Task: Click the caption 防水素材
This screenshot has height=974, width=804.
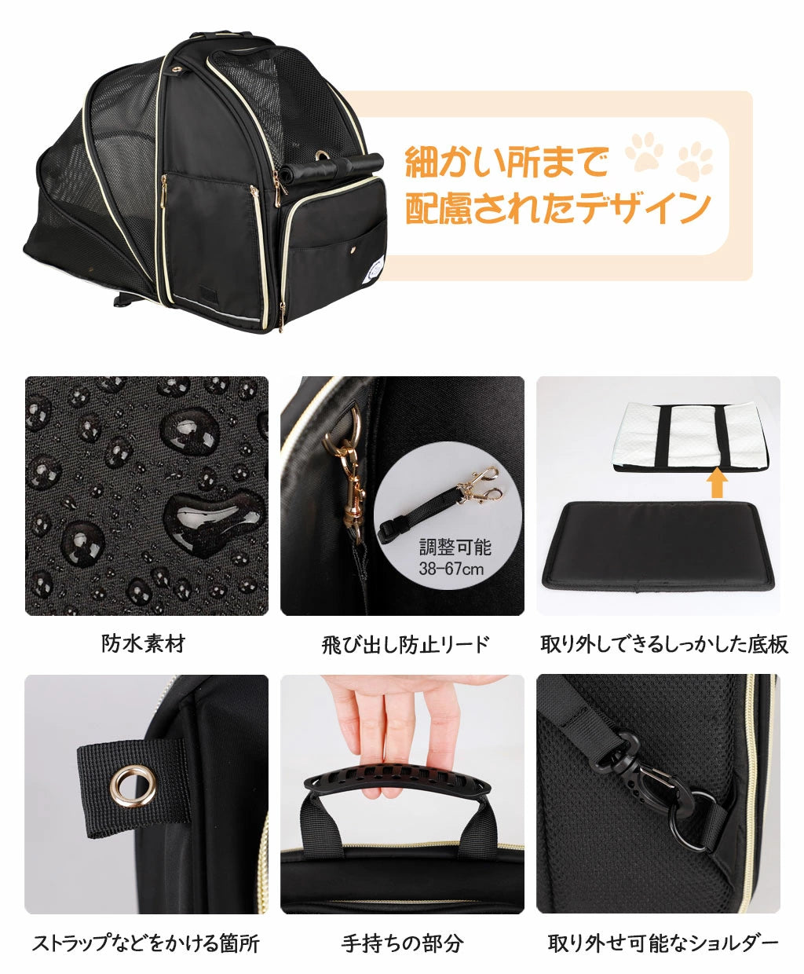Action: coord(143,643)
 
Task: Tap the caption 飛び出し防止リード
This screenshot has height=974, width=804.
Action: coord(405,645)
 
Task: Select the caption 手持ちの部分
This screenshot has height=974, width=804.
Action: coord(402,943)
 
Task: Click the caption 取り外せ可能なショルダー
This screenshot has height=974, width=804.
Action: coord(663,943)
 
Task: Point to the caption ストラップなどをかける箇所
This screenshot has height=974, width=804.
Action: coord(145,943)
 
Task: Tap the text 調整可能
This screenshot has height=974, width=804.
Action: coord(455,547)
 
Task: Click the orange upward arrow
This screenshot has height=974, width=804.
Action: coord(718,485)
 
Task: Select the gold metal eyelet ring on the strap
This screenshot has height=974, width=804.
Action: coord(133,786)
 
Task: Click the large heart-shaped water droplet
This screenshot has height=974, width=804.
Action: coord(212,521)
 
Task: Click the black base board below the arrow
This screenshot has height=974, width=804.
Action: coord(659,546)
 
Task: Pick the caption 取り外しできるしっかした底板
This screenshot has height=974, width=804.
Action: coord(664,645)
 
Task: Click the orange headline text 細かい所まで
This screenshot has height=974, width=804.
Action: coord(507,161)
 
